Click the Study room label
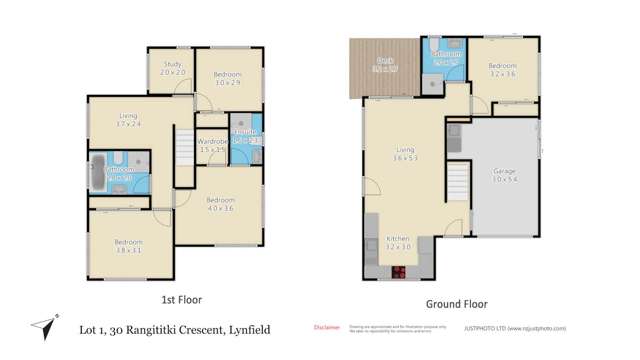[x=172, y=69]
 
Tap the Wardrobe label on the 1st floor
[x=213, y=146]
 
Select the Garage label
[x=504, y=176]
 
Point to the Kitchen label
[x=398, y=244]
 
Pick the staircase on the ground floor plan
[x=457, y=186]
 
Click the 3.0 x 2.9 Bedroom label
[x=226, y=78]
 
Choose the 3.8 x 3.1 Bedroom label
[x=128, y=246]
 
